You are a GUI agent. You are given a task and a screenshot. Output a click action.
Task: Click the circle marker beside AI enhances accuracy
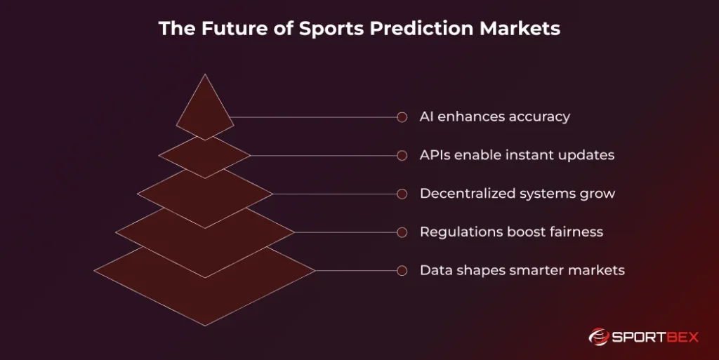(402, 117)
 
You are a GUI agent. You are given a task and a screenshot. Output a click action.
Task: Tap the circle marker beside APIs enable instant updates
(402, 155)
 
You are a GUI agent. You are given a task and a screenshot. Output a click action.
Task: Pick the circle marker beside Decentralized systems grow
(402, 194)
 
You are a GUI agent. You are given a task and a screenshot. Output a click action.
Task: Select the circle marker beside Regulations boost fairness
(402, 232)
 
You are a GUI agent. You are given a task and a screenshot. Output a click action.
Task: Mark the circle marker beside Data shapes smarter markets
(402, 270)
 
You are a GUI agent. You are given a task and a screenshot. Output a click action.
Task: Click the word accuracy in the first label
(540, 117)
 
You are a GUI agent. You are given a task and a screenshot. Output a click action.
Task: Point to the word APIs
(435, 155)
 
